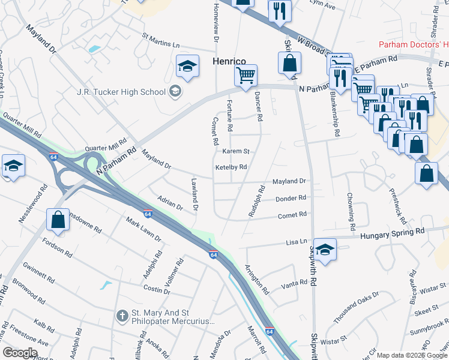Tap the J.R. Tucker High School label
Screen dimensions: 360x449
(121, 92)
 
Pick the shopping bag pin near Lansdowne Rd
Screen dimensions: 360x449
(58, 220)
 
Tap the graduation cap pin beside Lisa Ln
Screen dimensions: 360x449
(325, 250)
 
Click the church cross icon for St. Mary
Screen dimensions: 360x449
(122, 314)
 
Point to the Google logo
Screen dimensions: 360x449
(20, 353)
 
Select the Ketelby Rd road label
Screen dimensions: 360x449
(231, 167)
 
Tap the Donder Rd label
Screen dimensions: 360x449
(291, 198)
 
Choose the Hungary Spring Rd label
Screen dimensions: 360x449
(392, 231)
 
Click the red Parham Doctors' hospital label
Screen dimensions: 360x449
(414, 45)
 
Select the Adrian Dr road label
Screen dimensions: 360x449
(169, 203)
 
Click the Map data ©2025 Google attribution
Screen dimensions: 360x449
(412, 355)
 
